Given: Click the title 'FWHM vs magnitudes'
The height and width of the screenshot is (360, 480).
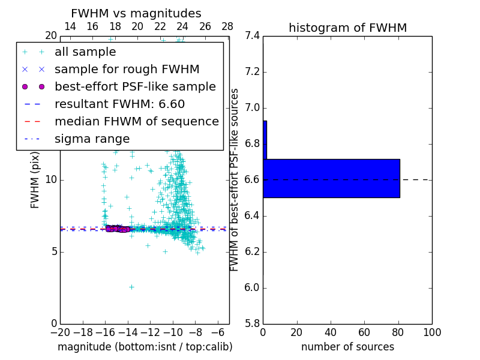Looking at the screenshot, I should click(136, 14).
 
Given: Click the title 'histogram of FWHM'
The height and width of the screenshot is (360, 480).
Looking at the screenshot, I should click(347, 28).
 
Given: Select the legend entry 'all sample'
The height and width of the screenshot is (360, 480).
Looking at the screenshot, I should click(85, 52).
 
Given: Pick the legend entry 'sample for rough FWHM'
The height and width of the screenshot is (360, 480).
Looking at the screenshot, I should click(127, 70).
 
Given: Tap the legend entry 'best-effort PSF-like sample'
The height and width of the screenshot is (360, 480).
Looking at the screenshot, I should click(135, 86).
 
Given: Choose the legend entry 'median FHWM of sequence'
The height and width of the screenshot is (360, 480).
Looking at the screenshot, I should click(136, 121).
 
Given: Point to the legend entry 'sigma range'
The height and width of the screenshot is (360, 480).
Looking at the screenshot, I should click(92, 139).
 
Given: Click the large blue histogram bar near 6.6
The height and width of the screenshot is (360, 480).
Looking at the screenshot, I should click(331, 178).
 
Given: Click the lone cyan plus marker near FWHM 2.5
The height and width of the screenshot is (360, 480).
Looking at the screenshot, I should click(131, 287).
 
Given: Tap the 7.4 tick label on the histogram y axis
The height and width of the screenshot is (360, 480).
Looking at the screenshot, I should click(253, 36).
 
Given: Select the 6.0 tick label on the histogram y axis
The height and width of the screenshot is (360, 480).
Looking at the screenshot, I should click(253, 288).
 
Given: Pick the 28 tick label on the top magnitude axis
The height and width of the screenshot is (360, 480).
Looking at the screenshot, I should click(227, 26).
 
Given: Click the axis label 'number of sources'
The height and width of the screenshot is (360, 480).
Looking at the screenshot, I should click(347, 347).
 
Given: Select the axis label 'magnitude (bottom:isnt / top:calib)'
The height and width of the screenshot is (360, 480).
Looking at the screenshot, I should click(145, 347).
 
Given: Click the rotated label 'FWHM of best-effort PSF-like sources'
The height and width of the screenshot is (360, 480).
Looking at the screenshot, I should click(235, 179).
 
